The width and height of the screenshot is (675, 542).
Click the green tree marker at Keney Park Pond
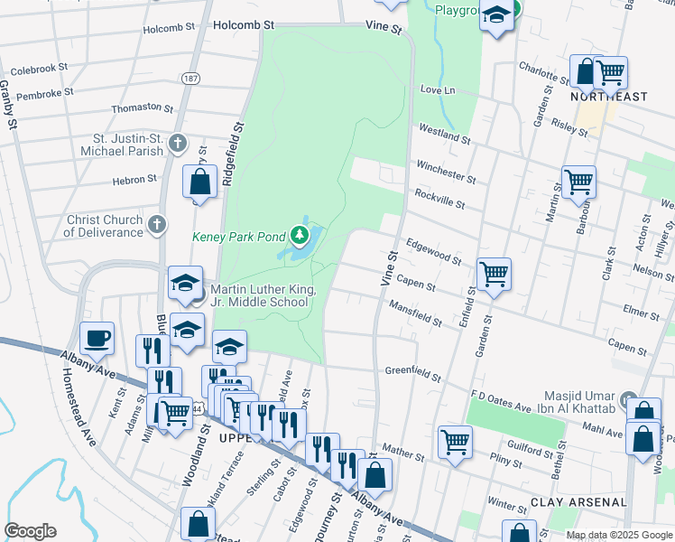pyautogui.click(x=300, y=237)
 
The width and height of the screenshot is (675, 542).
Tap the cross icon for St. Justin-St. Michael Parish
pyautogui.click(x=179, y=143)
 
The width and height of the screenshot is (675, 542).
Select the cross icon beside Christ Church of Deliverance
pyautogui.click(x=157, y=224)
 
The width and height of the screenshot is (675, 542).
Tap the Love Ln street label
pyautogui.click(x=439, y=90)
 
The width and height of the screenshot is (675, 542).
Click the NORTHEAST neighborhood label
pyautogui.click(x=609, y=97)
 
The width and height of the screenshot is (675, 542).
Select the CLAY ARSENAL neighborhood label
pyautogui.click(x=578, y=501)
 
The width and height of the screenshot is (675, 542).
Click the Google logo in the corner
pyautogui.click(x=30, y=531)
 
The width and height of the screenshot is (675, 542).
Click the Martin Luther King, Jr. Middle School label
pyautogui.click(x=260, y=296)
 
